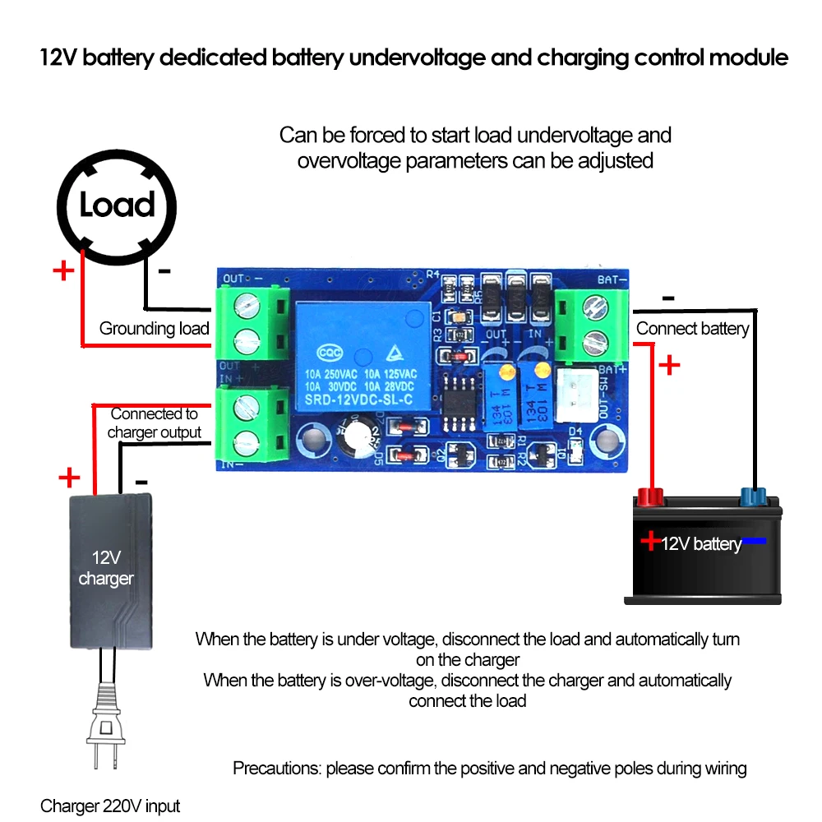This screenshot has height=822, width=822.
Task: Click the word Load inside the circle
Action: pyautogui.click(x=118, y=205)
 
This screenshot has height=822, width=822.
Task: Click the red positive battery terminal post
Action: pyautogui.click(x=650, y=496)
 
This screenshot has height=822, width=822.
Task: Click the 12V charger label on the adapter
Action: pyautogui.click(x=105, y=568)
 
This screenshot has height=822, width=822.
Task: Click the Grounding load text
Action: pyautogui.click(x=155, y=329)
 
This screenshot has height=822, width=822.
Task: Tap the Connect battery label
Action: pyautogui.click(x=693, y=329)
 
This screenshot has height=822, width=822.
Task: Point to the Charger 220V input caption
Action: pyautogui.click(x=110, y=806)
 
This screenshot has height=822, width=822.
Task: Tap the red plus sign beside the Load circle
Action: pyautogui.click(x=63, y=270)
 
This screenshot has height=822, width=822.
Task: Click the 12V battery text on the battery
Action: pyautogui.click(x=700, y=543)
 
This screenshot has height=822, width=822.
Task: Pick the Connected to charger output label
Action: pyautogui.click(x=155, y=423)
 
